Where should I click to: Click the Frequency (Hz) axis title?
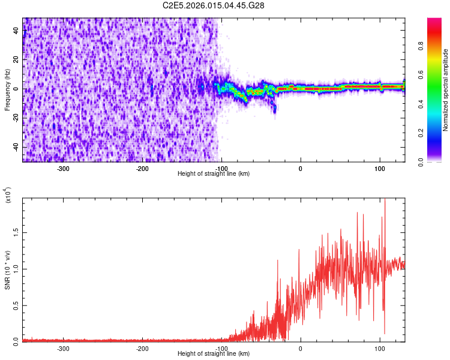tap(7, 89)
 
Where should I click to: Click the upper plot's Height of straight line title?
tap(214, 173)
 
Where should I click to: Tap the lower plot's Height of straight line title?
tap(214, 353)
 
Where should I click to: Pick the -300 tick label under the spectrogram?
tap(63, 167)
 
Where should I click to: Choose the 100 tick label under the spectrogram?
tap(380, 167)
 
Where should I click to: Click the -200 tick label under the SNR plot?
tap(142, 348)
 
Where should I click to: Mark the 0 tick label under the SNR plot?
tap(301, 348)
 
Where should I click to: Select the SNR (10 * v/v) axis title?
tap(7, 270)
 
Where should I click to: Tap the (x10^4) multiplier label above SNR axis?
tap(8, 196)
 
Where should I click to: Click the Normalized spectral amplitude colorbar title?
tap(446, 90)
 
